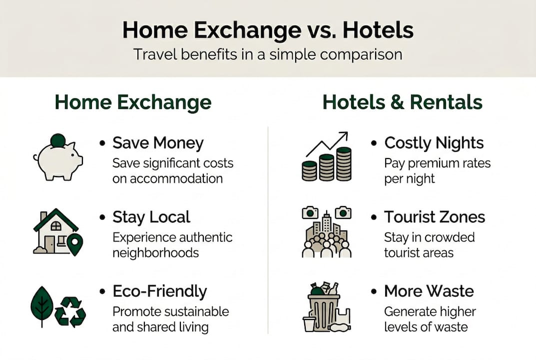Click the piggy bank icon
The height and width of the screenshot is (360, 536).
point(59,160)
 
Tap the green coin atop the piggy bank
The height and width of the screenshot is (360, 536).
point(58,140)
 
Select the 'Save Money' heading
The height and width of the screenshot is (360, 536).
point(158,143)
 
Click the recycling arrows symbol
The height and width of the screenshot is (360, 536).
point(70,312)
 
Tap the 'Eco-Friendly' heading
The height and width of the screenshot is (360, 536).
point(159,291)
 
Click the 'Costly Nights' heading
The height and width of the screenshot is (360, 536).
point(434,143)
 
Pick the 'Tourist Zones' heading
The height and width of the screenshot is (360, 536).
point(434,217)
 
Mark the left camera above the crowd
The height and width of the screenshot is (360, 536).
point(310,213)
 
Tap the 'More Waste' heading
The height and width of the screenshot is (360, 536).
point(429,291)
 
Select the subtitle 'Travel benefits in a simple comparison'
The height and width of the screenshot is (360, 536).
point(268,54)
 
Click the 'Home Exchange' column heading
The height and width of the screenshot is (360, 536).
point(133,102)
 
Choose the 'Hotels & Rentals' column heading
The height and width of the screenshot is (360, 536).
point(402,102)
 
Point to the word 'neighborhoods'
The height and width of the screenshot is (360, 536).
point(155,252)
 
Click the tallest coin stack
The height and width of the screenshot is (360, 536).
point(344,164)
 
